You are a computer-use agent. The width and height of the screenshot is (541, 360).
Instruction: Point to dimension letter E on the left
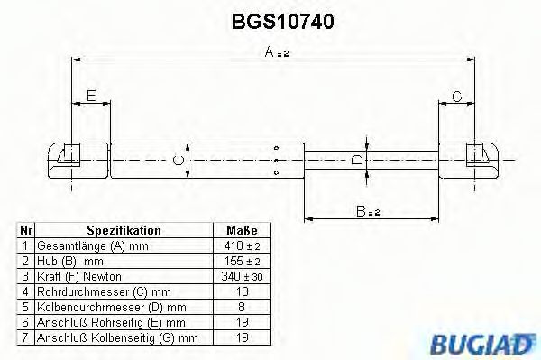pyautogui.click(x=90, y=97)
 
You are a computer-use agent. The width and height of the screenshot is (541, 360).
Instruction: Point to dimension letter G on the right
pyautogui.click(x=457, y=97)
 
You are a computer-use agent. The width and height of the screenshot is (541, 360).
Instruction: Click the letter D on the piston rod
pyautogui.click(x=358, y=161)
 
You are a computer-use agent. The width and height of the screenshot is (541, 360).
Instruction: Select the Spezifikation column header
pyautogui.click(x=124, y=231)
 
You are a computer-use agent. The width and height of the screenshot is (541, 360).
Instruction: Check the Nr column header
pyautogui.click(x=26, y=231)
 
